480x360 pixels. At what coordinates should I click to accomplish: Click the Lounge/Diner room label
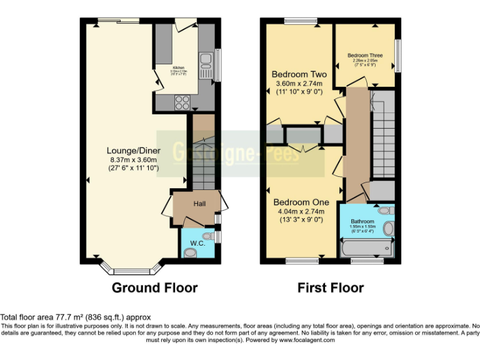tap(133, 151)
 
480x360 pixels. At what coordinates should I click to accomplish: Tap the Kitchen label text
tap(179, 66)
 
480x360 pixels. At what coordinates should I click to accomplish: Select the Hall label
tap(199, 204)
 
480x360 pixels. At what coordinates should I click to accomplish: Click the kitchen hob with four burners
tap(182, 102)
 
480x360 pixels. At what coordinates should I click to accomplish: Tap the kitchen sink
tap(206, 63)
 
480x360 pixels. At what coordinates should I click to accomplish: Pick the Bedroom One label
tap(301, 202)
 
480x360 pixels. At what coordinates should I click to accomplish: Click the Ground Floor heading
tap(154, 288)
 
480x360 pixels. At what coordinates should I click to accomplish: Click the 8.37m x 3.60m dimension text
tap(133, 160)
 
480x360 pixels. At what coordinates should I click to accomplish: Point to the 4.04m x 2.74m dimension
tap(301, 212)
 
